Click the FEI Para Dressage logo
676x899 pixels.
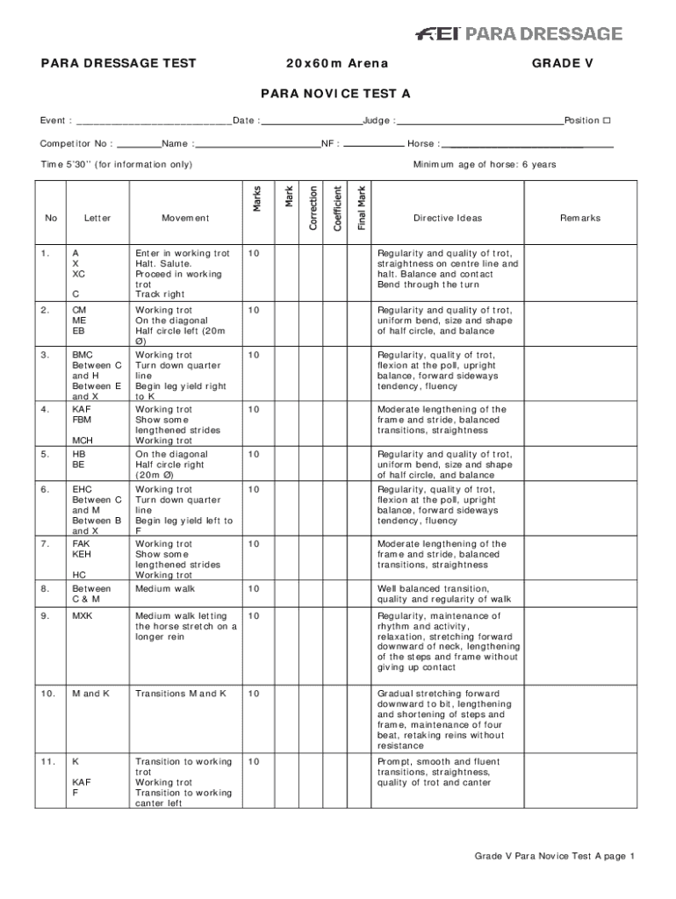(x=518, y=34)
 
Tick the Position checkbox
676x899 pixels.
(x=606, y=120)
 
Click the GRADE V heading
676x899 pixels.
(x=556, y=63)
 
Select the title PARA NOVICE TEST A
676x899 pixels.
(x=334, y=93)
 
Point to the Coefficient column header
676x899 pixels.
(x=338, y=207)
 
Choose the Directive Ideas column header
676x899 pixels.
(x=448, y=219)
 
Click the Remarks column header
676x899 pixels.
(x=580, y=219)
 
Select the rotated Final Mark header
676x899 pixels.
(x=362, y=207)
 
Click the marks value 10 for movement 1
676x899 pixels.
(x=254, y=254)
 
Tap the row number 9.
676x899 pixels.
(x=45, y=616)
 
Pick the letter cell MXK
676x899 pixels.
(x=82, y=616)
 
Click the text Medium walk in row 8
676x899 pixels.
(x=160, y=589)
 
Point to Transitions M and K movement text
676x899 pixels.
(x=181, y=694)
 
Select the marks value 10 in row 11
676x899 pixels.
(x=254, y=762)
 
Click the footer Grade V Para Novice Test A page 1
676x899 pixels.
(x=554, y=856)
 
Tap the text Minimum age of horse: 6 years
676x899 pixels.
(x=485, y=165)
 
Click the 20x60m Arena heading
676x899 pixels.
(x=336, y=63)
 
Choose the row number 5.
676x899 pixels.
(x=45, y=455)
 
